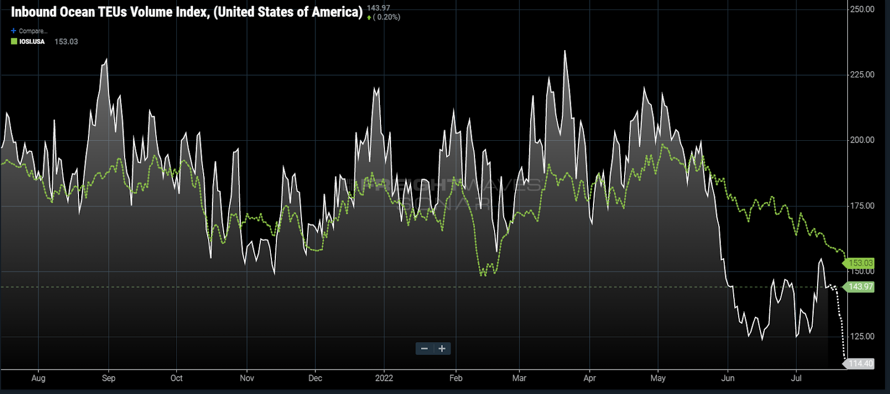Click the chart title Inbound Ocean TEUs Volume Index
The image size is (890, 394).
[x=186, y=12]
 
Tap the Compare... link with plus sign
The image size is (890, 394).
[x=29, y=31]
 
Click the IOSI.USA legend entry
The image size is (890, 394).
[x=32, y=42]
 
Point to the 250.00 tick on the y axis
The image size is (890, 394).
[x=862, y=9]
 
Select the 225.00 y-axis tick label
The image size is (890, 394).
[x=862, y=75]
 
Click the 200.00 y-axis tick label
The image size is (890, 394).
[x=862, y=140]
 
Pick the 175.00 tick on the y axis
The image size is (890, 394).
[x=862, y=206]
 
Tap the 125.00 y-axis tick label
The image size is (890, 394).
[x=862, y=337]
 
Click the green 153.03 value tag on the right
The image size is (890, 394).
[x=860, y=263]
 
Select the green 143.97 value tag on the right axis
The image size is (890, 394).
[x=860, y=287]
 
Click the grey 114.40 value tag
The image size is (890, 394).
[x=860, y=364]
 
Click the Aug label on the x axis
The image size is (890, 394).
[x=38, y=378]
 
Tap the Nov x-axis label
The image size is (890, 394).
[x=247, y=378]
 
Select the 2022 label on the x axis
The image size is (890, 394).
[x=384, y=378]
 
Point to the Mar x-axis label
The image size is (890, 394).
[x=519, y=378]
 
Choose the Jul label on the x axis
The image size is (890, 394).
[x=797, y=378]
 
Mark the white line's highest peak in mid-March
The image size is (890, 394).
[x=565, y=51]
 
